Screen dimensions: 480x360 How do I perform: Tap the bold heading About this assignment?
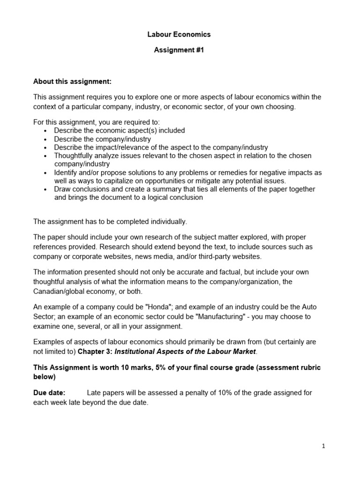coord(72,81)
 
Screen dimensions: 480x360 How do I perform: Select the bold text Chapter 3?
coord(93,352)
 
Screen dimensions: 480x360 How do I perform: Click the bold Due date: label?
coord(49,392)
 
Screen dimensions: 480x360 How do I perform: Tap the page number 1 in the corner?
coord(323,446)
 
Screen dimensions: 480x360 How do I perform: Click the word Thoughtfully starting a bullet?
coord(75,156)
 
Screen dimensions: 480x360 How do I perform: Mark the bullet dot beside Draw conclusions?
coord(45,189)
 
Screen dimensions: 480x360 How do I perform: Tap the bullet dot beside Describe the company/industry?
coord(45,140)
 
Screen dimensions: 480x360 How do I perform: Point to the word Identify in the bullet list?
coord(66,172)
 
